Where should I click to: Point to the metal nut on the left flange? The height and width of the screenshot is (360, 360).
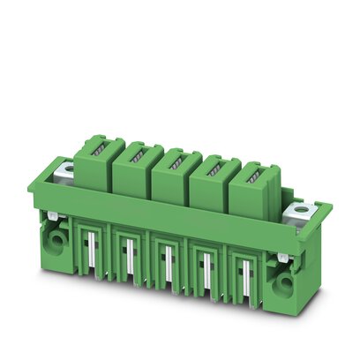click(x=64, y=171)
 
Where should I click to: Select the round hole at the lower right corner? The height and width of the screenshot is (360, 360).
click(x=288, y=281)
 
